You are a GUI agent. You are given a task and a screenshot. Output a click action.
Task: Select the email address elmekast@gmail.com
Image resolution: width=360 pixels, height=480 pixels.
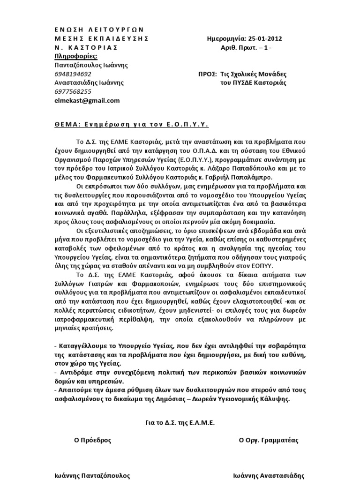[x=87, y=100]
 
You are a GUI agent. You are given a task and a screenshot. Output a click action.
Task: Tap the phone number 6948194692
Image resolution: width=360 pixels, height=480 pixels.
[x=73, y=74]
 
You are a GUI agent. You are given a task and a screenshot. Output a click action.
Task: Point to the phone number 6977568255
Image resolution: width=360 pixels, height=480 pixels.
[x=73, y=91]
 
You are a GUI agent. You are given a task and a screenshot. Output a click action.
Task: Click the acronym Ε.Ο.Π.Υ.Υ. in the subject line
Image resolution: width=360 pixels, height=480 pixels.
[x=187, y=125]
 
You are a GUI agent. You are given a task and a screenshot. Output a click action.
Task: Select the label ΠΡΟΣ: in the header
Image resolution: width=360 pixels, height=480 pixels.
[x=208, y=74]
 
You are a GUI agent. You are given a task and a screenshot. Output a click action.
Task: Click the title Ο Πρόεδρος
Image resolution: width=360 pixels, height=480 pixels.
[x=93, y=440]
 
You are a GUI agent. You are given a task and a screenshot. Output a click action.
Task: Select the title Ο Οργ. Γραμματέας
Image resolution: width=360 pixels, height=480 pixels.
[x=269, y=440]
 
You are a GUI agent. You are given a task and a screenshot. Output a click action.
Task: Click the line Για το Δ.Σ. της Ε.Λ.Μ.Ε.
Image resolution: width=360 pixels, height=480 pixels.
[x=180, y=422]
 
